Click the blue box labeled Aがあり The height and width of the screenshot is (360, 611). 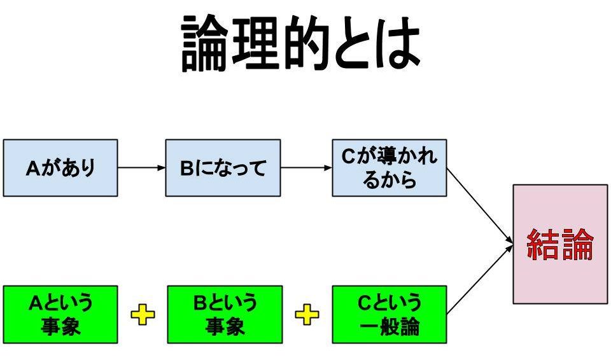pos(60,168)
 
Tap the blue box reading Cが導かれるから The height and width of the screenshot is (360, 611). pos(389,168)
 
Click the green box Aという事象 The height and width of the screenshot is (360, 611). pos(60,314)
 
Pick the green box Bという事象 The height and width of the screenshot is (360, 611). pos(225,314)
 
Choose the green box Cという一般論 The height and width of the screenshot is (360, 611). pos(389,314)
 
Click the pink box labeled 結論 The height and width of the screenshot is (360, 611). pos(560,244)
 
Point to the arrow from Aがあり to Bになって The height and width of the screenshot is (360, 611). pos(141,168)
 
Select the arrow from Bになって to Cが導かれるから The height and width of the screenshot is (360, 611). pos(306,168)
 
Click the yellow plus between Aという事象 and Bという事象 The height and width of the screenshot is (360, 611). pos(142,314)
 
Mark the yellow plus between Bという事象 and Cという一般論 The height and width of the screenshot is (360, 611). pos(307,314)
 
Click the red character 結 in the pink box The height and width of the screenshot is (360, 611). pos(544,244)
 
